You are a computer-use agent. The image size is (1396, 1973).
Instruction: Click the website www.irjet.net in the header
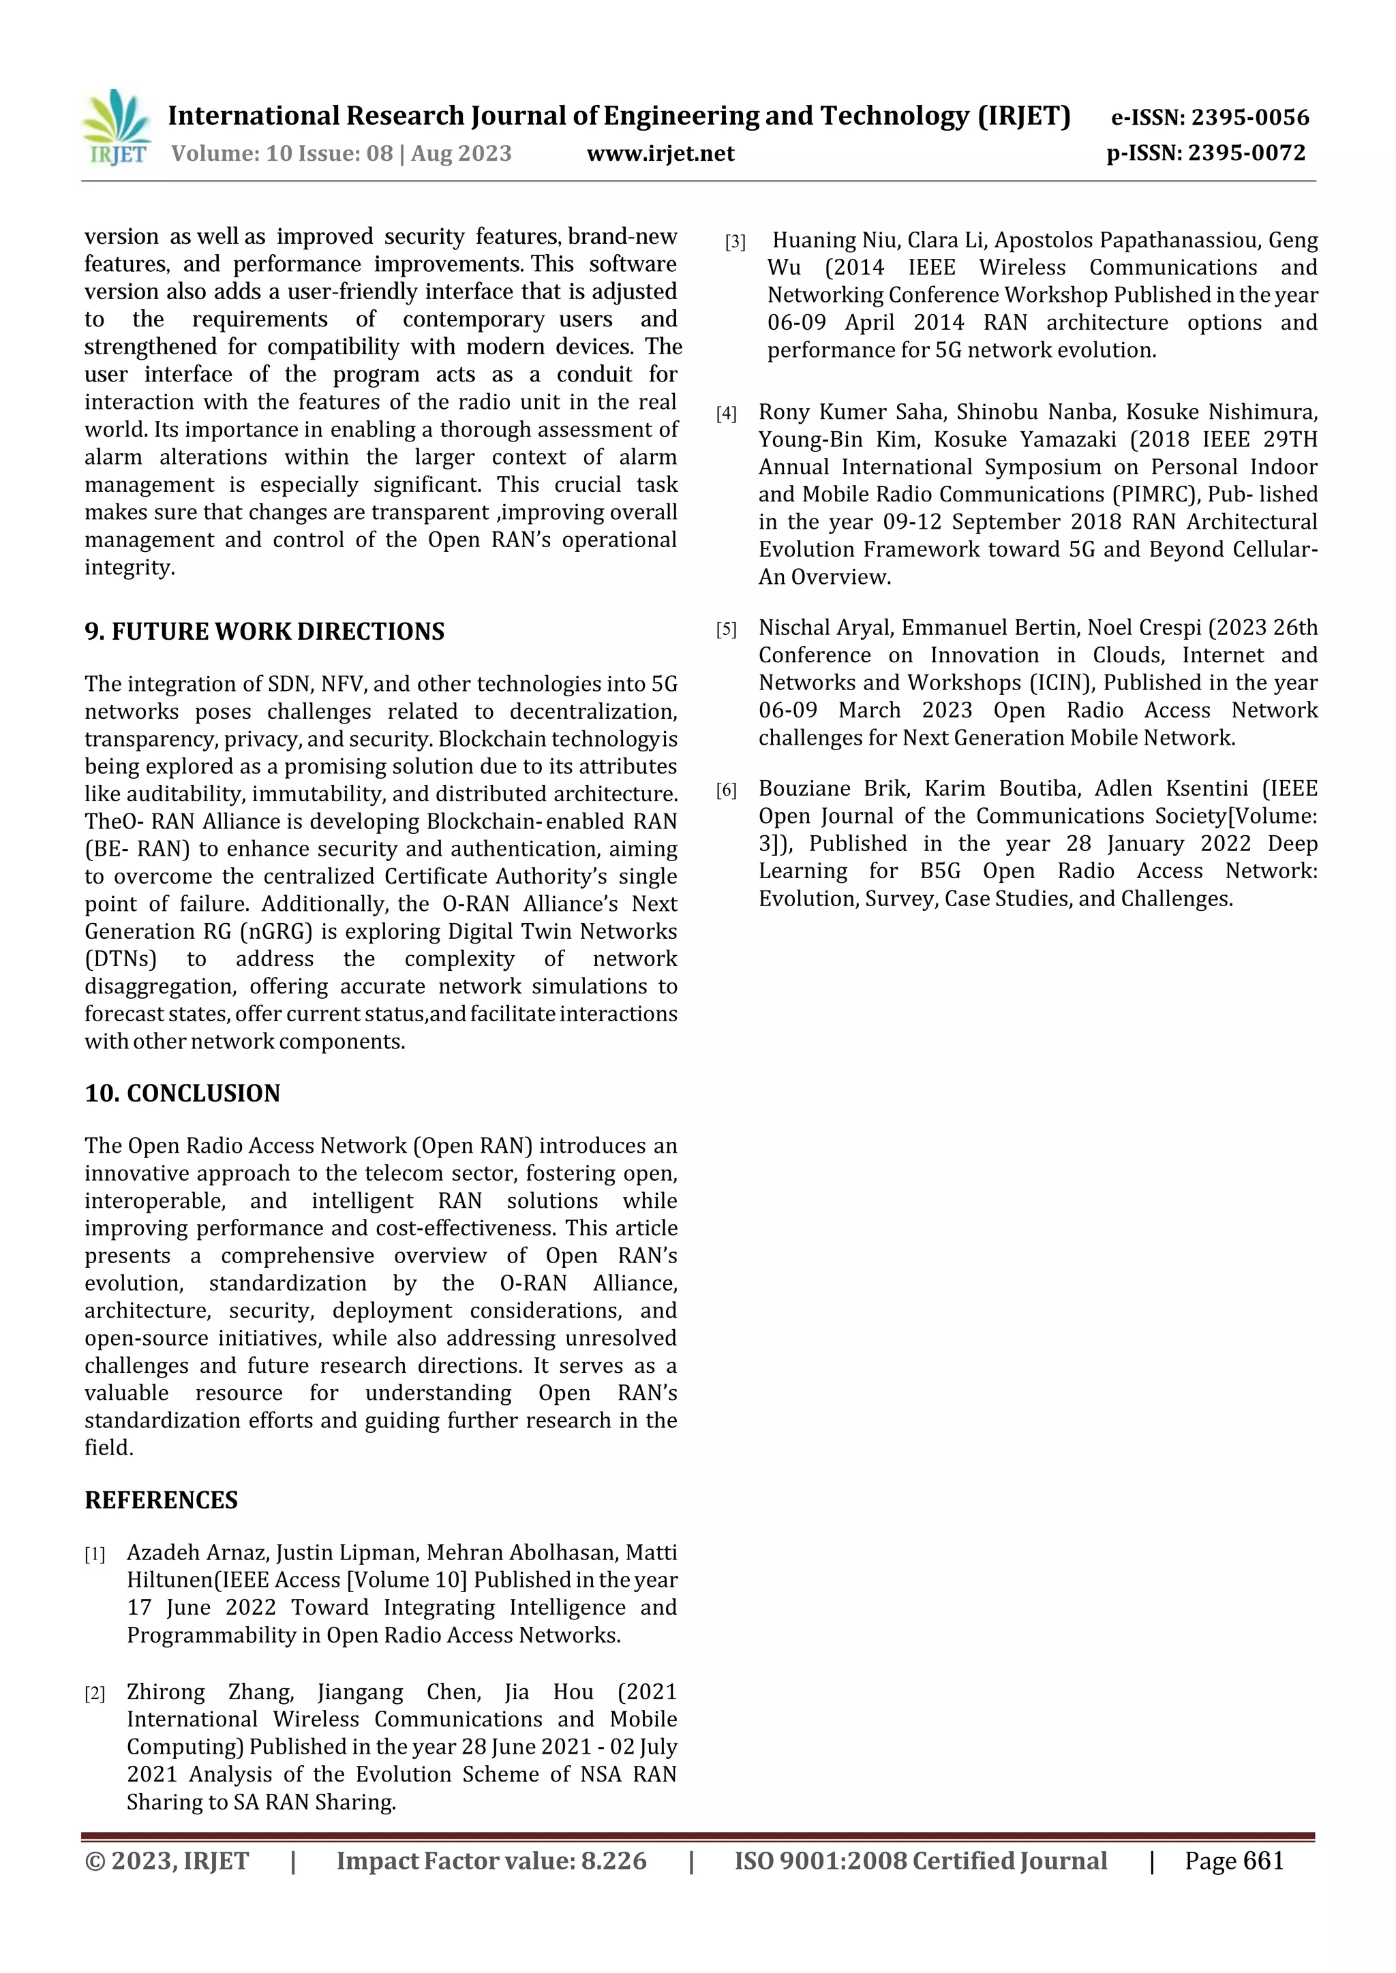pos(661,154)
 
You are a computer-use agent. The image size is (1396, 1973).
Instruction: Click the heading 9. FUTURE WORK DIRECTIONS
pos(264,632)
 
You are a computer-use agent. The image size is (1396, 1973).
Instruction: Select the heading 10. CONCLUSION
pos(182,1093)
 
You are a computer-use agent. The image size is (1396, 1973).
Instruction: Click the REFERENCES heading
pos(161,1500)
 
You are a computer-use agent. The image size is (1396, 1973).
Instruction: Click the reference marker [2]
pos(95,1694)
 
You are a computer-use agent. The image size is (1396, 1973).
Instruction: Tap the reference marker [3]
pos(735,243)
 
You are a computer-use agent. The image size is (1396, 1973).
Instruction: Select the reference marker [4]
pos(727,414)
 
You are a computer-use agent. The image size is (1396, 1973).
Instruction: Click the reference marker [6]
pos(727,790)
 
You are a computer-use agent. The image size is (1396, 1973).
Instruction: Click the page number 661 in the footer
pos(1263,1861)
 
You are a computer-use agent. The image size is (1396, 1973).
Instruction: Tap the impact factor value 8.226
pos(613,1861)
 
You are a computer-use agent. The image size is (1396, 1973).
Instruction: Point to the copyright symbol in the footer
pos(95,1861)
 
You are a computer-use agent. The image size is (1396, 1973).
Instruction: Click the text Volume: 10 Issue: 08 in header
pos(282,154)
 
